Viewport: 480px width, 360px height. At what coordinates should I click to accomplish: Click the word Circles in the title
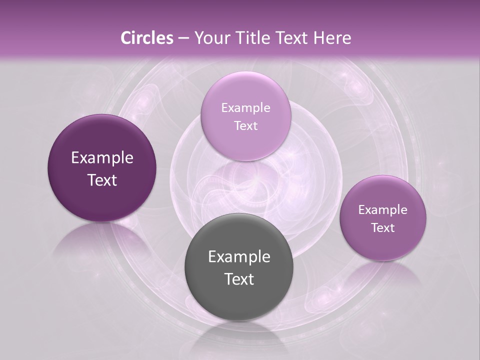146,38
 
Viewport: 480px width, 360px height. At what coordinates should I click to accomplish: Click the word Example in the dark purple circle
102,158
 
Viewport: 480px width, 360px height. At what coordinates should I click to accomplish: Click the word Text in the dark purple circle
102,180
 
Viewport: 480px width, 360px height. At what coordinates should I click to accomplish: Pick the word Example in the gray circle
239,257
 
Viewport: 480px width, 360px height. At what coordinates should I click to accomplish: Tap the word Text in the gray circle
239,279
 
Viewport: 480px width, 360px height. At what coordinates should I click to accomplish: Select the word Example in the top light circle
245,108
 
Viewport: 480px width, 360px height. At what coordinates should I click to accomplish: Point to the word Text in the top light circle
245,126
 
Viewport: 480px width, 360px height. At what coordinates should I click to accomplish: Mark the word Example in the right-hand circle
383,210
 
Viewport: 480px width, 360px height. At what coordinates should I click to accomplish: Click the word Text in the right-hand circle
383,228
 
